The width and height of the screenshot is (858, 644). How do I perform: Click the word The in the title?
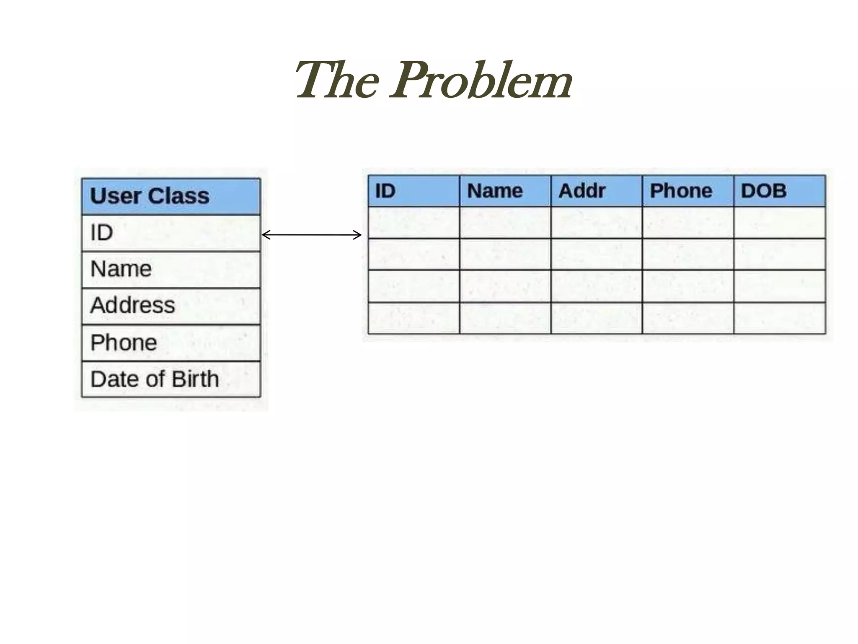pos(338,80)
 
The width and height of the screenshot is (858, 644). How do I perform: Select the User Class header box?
pos(171,196)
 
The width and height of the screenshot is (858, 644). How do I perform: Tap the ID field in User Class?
pos(171,233)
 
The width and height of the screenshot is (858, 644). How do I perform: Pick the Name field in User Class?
pos(171,269)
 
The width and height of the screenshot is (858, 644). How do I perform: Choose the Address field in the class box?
pos(171,306)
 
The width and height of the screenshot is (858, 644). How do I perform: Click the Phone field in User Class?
pos(171,343)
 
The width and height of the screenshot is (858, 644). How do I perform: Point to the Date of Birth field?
pos(171,379)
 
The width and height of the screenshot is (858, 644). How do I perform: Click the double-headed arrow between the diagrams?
pos(311,235)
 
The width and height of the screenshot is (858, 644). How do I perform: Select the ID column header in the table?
pos(413,191)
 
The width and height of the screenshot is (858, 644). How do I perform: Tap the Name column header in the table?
pos(505,191)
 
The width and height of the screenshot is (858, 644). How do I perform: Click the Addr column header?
pos(596,191)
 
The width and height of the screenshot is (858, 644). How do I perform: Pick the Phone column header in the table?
pos(687,191)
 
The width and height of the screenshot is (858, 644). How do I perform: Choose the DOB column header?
pos(779,191)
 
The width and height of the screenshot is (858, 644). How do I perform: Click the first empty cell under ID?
pos(413,223)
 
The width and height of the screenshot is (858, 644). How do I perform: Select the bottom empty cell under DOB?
pos(779,318)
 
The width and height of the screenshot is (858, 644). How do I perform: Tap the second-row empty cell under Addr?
pos(596,254)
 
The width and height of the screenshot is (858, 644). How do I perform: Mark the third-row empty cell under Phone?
pos(687,286)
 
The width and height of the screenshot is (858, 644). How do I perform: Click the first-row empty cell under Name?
pos(505,223)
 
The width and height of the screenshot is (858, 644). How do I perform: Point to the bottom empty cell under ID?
pos(413,318)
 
